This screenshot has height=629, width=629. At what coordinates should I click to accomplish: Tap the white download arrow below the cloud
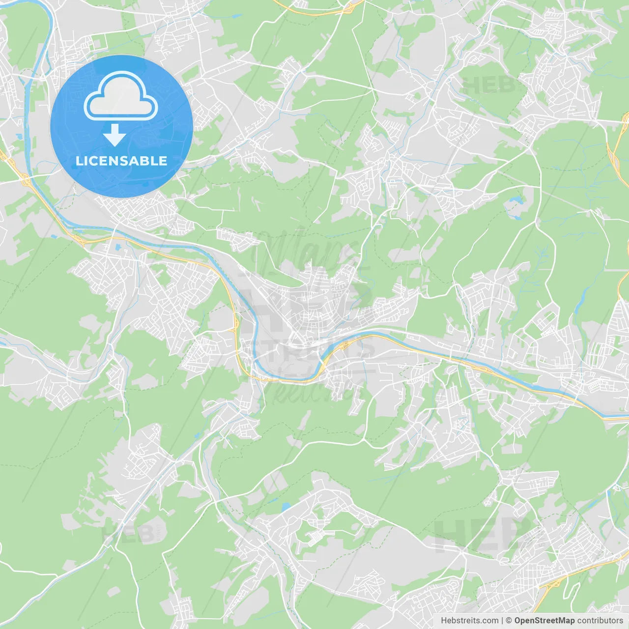tap(115, 135)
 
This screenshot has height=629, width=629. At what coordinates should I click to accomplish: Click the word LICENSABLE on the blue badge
tap(121, 161)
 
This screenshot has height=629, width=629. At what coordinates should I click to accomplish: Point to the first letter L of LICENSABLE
tap(79, 161)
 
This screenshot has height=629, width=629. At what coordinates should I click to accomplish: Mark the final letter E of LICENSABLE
tap(163, 161)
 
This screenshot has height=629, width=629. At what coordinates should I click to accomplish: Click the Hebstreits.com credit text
tap(469, 621)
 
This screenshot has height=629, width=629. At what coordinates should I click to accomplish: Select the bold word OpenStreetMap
tap(544, 621)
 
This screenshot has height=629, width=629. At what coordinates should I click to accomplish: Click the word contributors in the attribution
tap(600, 621)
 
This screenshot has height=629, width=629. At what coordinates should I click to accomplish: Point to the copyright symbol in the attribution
tap(509, 621)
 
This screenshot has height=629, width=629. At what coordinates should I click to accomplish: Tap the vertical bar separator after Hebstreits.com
tap(502, 621)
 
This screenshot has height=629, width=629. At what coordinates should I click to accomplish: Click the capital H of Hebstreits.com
tap(444, 621)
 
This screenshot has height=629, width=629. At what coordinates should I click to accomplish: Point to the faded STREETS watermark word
tap(319, 350)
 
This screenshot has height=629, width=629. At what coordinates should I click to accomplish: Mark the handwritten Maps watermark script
tap(305, 251)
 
